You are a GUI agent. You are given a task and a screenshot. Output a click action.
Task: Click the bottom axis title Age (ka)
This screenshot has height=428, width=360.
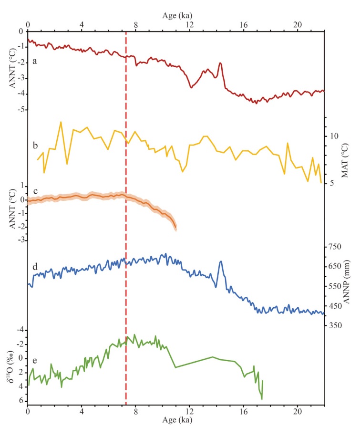coord(176,422)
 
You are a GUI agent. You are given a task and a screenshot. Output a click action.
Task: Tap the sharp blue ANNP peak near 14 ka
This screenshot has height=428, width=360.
coord(221,261)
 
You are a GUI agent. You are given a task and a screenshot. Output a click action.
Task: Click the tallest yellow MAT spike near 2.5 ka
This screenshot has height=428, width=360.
coord(61,122)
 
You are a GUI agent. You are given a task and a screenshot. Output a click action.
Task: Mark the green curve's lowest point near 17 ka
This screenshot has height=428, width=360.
coord(262,399)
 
